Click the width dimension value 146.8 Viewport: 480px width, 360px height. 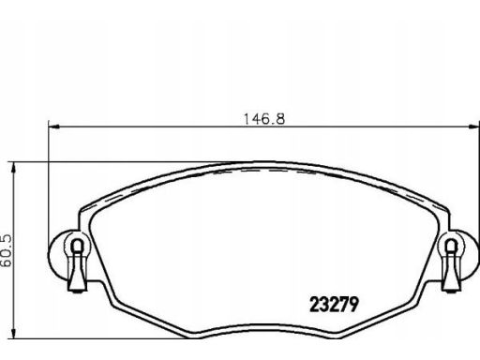(x=264, y=119)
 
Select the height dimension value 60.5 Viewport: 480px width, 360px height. (x=6, y=250)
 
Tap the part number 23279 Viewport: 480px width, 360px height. (x=334, y=304)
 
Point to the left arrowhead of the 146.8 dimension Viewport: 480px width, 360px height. (x=54, y=127)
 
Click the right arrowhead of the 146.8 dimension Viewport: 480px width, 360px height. (x=474, y=127)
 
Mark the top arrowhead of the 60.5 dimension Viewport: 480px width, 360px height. (x=13, y=168)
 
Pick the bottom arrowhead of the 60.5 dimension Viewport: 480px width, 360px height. (x=13, y=333)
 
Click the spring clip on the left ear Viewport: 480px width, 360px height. (x=77, y=265)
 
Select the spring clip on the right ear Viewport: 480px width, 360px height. (x=451, y=265)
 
